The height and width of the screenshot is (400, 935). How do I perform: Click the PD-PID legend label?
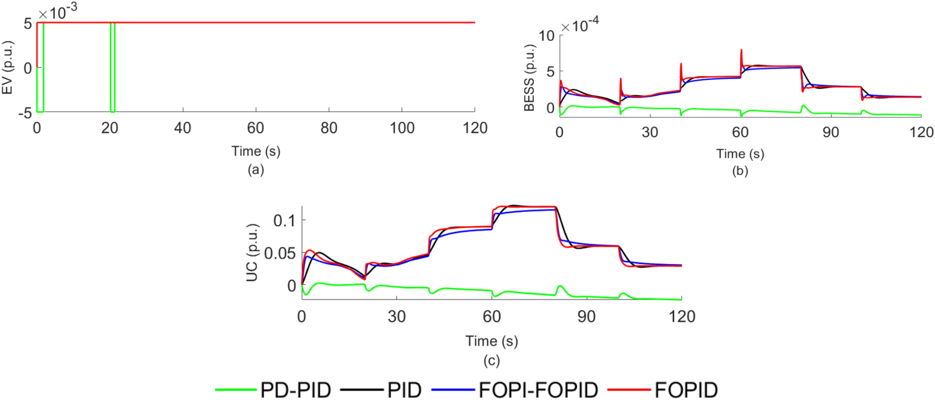point(295,390)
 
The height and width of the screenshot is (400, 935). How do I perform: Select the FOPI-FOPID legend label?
point(538,390)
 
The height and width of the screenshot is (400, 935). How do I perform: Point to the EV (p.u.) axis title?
point(7,68)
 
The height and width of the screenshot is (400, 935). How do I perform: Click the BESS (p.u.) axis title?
point(530,78)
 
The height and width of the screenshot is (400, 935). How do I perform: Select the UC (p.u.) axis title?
point(252,252)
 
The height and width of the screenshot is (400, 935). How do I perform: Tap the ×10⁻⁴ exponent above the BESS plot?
point(580,25)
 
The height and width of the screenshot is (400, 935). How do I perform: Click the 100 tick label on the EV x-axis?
point(402,128)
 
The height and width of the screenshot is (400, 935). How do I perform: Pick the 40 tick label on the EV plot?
point(183,128)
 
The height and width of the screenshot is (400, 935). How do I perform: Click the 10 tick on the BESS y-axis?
point(546,36)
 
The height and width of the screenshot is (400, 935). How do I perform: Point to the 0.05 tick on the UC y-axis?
point(280,254)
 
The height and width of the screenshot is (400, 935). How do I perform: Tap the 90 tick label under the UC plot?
point(586,317)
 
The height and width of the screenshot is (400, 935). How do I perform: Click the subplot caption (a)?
point(256,170)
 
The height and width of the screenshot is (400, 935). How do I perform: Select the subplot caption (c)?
point(491,360)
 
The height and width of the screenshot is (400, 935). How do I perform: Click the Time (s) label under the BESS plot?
point(740,154)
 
